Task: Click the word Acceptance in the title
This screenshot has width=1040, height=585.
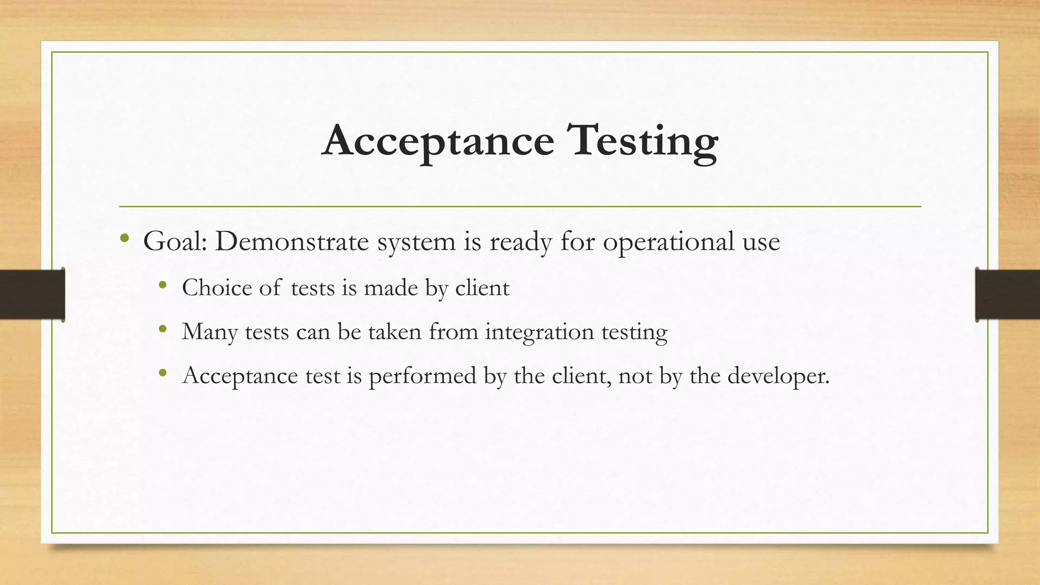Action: pyautogui.click(x=438, y=141)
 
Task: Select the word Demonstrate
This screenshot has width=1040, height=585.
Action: pyautogui.click(x=291, y=241)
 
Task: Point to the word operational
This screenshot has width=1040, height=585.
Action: pyautogui.click(x=668, y=241)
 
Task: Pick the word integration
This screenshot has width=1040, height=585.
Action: pyautogui.click(x=539, y=332)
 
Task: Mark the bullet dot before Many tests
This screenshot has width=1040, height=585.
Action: pyautogui.click(x=162, y=329)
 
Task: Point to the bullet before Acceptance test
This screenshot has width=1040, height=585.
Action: pyautogui.click(x=162, y=373)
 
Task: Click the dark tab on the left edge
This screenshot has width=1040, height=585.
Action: pyautogui.click(x=32, y=295)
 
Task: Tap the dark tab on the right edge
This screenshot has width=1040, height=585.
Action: pyautogui.click(x=1007, y=295)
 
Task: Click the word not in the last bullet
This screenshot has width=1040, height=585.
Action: pyautogui.click(x=635, y=376)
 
